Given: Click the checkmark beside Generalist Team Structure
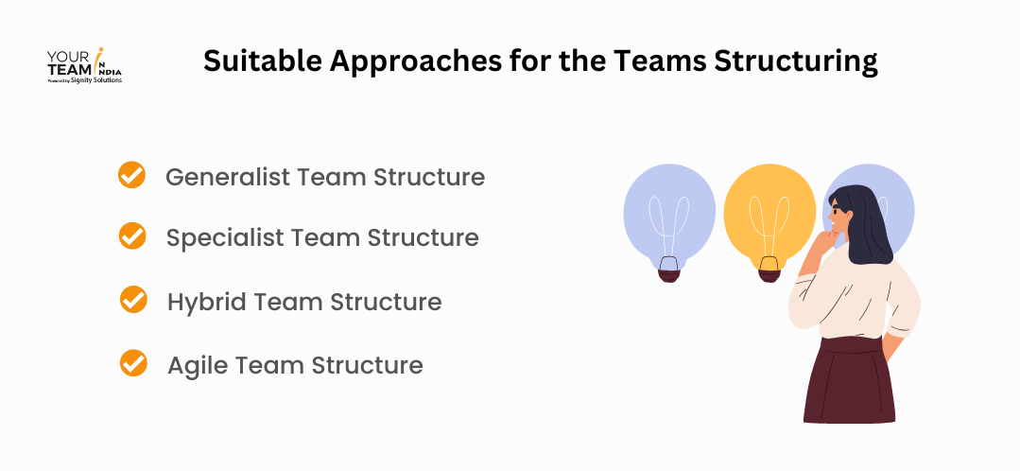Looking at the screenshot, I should tap(131, 175).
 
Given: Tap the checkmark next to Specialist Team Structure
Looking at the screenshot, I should tap(132, 235).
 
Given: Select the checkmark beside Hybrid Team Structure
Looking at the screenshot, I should tap(133, 301).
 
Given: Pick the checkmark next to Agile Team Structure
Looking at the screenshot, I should tap(133, 363).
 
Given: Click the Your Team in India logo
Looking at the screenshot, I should tap(84, 64).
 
